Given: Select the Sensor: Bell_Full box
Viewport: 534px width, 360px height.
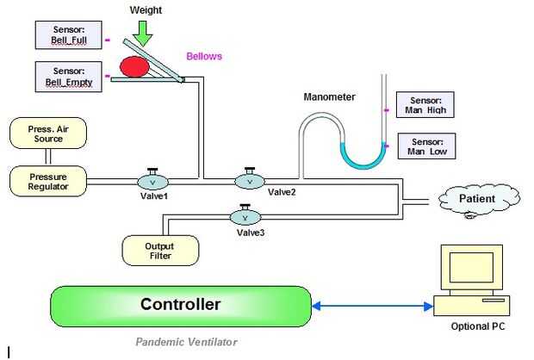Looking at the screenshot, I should (x=68, y=35).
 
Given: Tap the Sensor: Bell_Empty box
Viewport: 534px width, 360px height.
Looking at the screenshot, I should (x=68, y=77).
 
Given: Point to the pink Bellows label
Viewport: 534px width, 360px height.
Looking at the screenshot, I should (x=204, y=57).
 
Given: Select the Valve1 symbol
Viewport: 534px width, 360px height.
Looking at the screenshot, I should (x=152, y=181).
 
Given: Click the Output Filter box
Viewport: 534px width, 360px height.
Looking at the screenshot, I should (x=160, y=250).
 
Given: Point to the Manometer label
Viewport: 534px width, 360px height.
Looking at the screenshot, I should (x=329, y=96).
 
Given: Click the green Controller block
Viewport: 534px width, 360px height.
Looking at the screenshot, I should (x=181, y=306).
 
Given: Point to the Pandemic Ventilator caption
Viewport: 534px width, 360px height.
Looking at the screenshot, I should (x=186, y=342).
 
